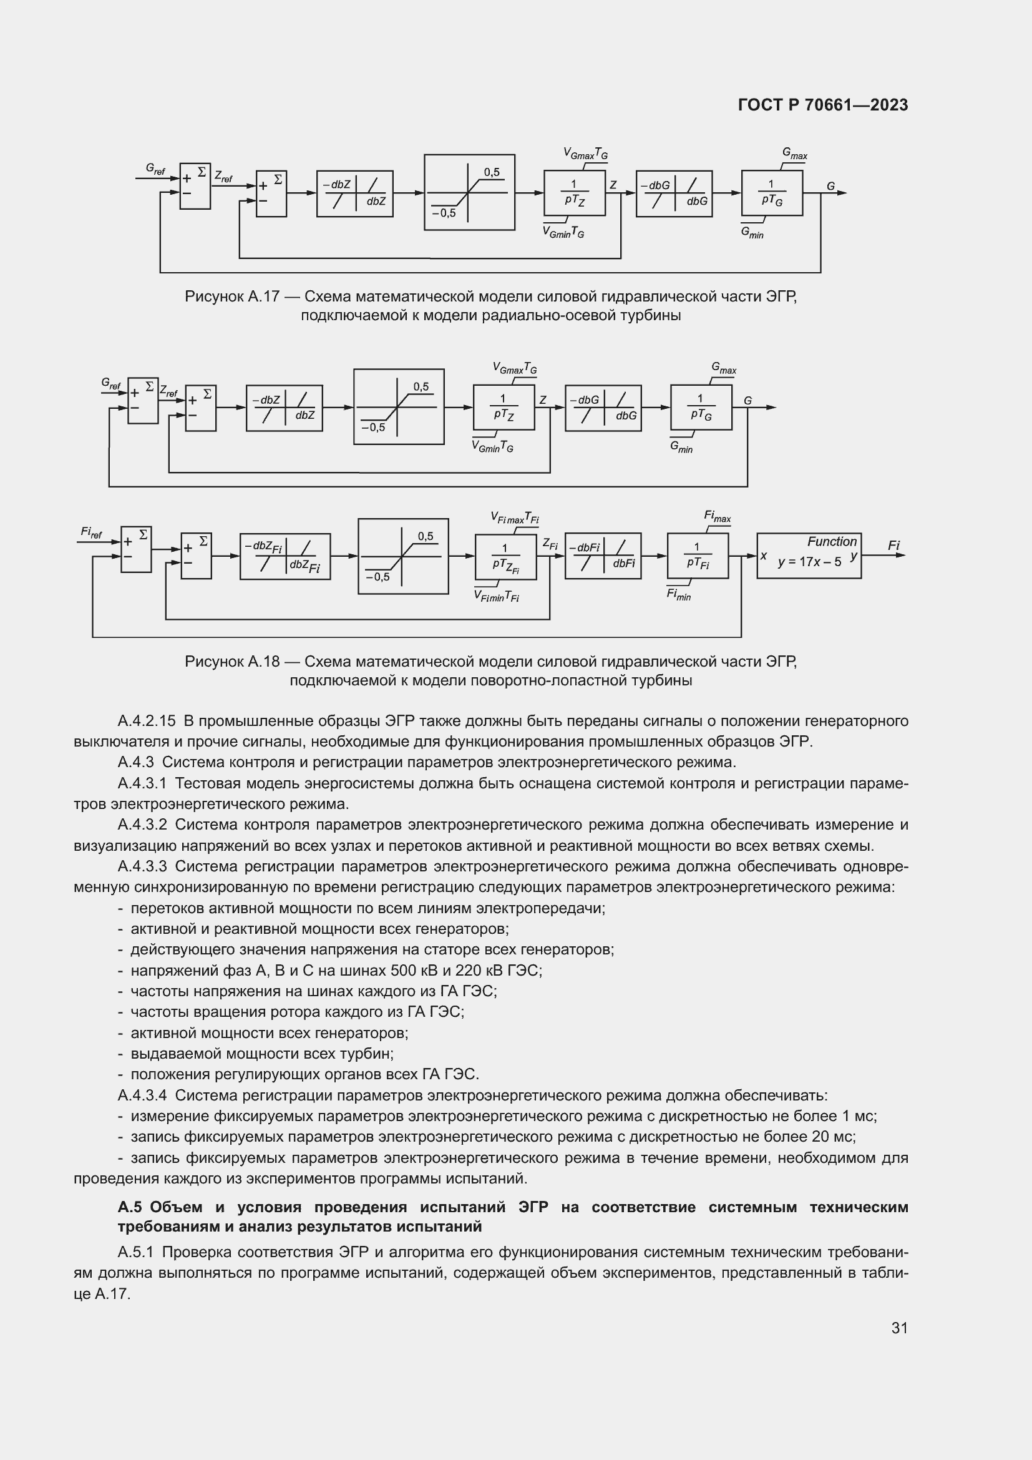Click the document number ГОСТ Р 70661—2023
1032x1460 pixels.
823,105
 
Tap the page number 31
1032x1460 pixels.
899,1328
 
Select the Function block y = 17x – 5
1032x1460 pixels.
809,556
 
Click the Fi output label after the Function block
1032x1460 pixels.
894,546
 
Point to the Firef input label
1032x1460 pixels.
92,532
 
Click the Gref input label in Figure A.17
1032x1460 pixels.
155,169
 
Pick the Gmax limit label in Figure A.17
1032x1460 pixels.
794,154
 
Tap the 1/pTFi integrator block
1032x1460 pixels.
697,556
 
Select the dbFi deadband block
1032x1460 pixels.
603,556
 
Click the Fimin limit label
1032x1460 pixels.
678,595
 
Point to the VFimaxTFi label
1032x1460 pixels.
514,517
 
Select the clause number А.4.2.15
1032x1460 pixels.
146,721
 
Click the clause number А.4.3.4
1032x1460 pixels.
142,1095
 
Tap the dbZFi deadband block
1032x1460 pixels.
285,556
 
